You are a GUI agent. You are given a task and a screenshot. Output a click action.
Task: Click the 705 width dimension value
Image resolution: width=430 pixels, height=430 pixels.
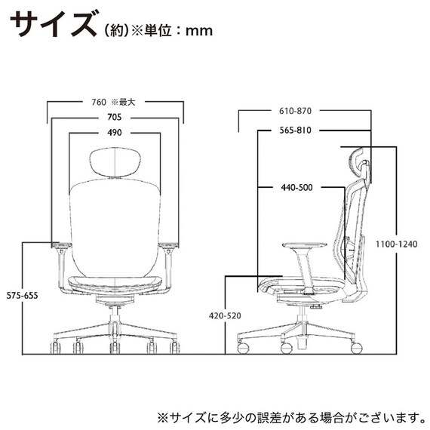115,118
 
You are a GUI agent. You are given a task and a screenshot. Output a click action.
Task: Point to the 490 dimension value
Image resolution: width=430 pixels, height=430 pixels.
115,133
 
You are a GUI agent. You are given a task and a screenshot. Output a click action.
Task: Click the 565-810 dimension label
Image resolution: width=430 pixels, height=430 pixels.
295,130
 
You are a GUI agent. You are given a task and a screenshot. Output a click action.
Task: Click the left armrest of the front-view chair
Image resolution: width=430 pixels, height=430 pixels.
61,246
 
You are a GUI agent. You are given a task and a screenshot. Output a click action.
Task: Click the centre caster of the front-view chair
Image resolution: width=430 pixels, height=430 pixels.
115,349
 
